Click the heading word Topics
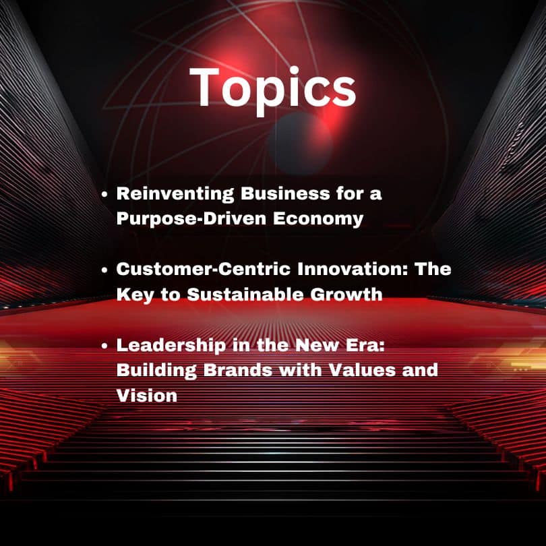(272, 89)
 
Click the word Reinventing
(175, 193)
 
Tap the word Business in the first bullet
(285, 193)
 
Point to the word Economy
(318, 219)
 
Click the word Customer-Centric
(204, 269)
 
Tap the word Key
(135, 295)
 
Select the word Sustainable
(245, 295)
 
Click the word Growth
(346, 295)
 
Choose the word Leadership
(171, 345)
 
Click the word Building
(156, 371)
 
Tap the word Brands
(238, 370)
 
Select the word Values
(362, 370)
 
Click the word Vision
(147, 396)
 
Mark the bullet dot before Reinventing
(104, 195)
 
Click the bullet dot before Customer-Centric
(104, 270)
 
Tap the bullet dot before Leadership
(104, 346)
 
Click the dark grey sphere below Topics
(300, 144)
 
